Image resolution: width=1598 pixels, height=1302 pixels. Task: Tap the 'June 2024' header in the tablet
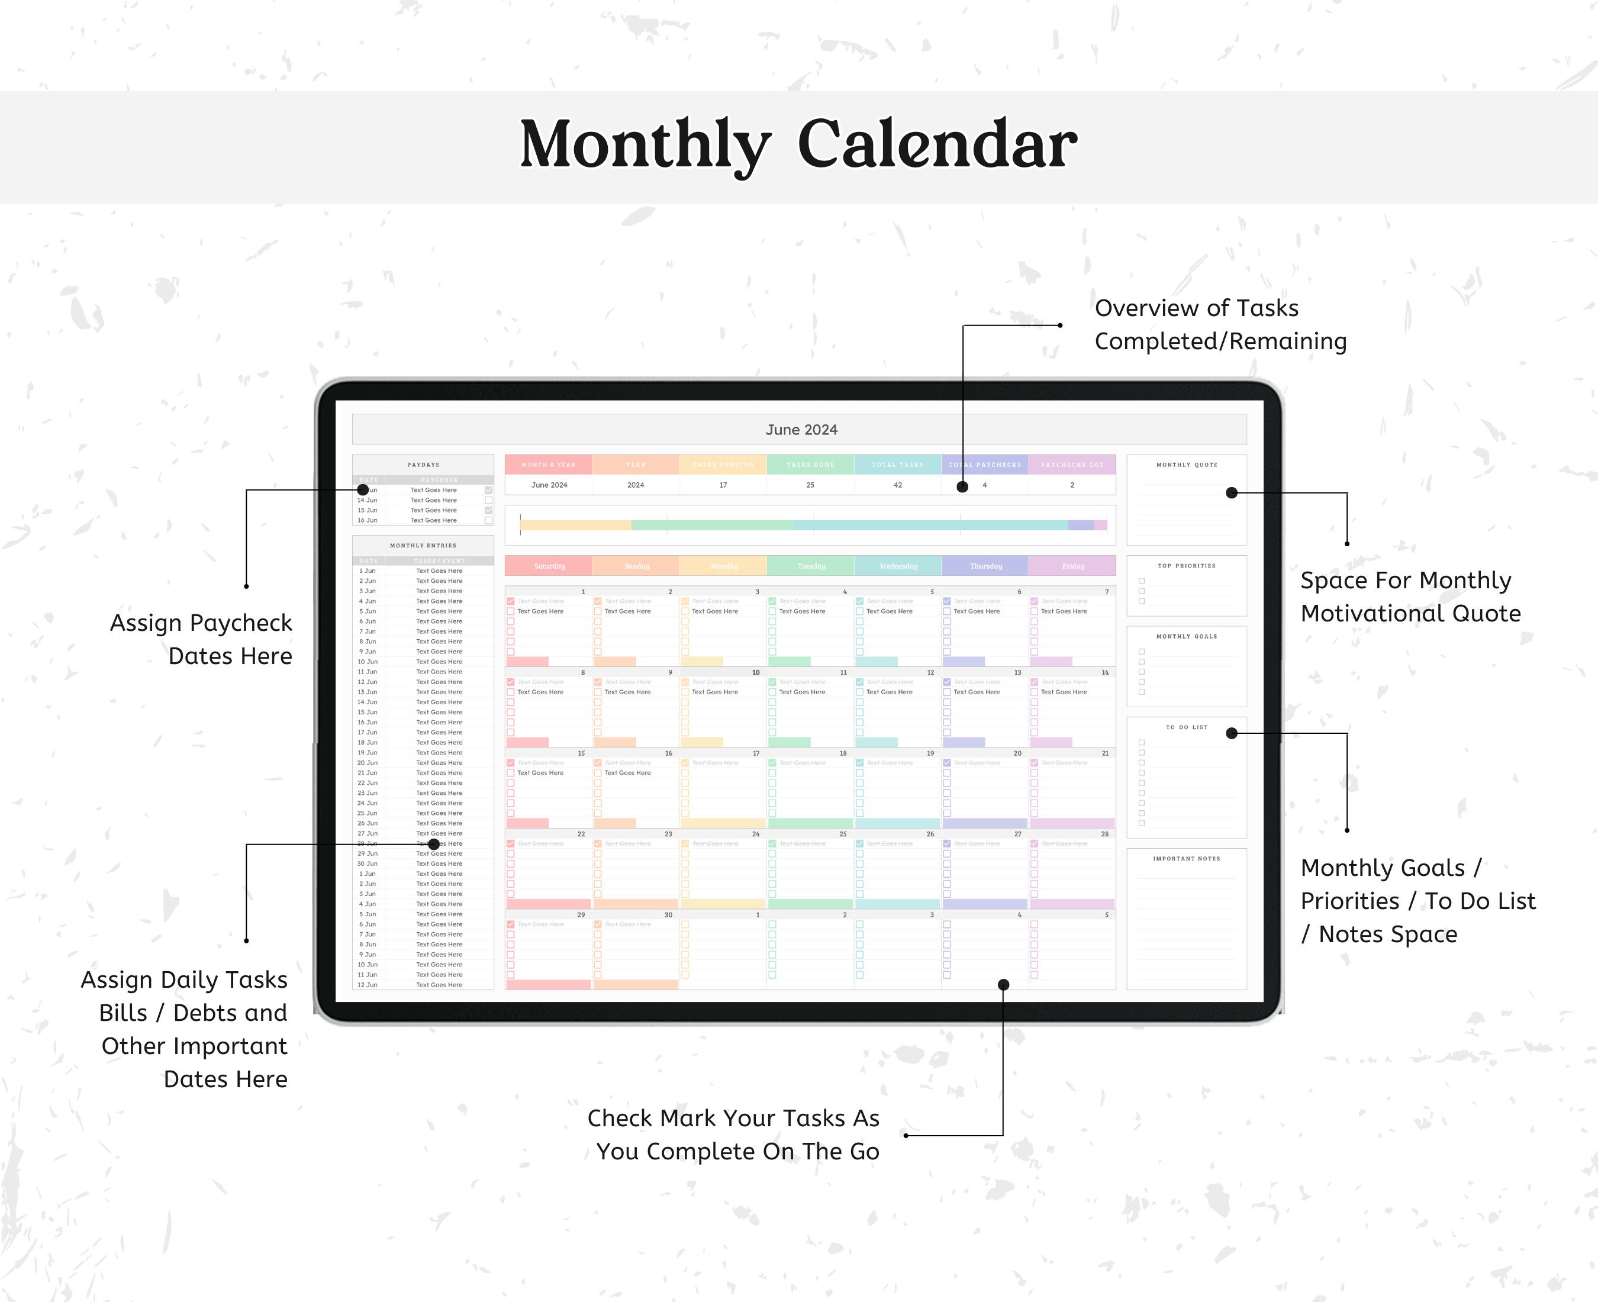[801, 430]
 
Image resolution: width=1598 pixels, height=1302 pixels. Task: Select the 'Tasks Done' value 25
[810, 485]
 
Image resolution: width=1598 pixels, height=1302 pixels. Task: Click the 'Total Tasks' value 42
[898, 485]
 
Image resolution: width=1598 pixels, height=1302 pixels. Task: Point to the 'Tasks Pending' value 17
[723, 485]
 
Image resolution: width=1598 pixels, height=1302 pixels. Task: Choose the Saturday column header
[549, 566]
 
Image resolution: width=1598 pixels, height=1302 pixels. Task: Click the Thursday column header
[985, 566]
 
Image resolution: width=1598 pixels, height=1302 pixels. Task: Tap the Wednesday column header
[898, 566]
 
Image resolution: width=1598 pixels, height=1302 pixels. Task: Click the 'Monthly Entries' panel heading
[423, 545]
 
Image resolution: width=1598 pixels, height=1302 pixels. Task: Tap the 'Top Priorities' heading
[1186, 566]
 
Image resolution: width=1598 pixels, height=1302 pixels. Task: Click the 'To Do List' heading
[1186, 727]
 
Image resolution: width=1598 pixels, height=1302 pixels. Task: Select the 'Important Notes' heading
[1186, 858]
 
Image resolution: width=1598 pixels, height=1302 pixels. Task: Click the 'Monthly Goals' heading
[1186, 636]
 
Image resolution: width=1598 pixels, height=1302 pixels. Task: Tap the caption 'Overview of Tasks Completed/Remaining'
[1220, 324]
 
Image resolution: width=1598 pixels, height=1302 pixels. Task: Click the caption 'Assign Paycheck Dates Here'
[201, 639]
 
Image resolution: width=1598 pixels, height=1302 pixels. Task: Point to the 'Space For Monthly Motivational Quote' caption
[1410, 596]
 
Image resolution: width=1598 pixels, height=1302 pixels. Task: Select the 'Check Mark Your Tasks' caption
[733, 1134]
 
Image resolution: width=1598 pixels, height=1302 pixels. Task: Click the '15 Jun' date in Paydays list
[368, 510]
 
